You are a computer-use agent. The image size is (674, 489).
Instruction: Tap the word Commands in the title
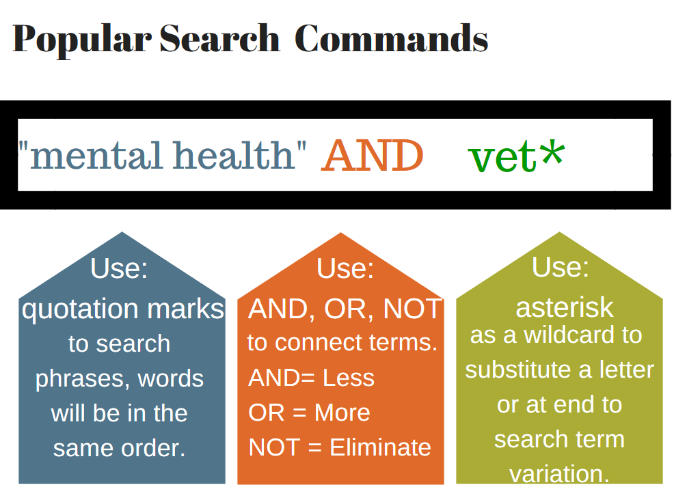[x=391, y=39]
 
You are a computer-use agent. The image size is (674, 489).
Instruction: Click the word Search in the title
[x=219, y=39]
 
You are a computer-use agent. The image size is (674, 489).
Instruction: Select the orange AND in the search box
[x=372, y=156]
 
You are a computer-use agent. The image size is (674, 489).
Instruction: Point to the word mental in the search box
[x=96, y=155]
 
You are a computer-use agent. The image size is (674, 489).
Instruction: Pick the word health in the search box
[x=232, y=155]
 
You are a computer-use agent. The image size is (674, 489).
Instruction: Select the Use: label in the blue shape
[x=119, y=268]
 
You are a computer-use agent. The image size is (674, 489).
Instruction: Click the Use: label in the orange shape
[x=345, y=268]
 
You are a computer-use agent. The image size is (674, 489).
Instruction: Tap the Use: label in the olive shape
[x=560, y=266]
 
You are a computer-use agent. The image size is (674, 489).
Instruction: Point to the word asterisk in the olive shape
[x=565, y=308]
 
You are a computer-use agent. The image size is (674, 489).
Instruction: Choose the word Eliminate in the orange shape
[x=380, y=447]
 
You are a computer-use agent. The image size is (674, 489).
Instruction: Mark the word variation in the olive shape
[x=559, y=474]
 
